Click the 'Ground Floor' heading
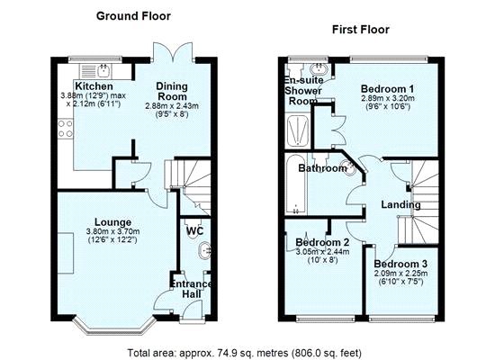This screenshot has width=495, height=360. click(132, 16)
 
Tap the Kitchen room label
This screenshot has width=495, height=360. click(94, 86)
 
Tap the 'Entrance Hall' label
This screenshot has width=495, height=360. click(192, 291)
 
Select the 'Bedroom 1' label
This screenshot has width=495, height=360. click(387, 88)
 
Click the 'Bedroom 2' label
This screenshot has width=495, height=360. click(322, 243)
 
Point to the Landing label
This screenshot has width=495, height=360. click(400, 204)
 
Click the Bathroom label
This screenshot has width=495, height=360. click(322, 168)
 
